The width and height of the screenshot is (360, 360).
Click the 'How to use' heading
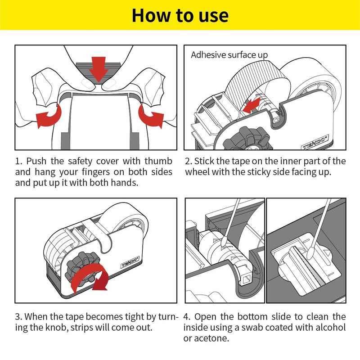(x=180, y=15)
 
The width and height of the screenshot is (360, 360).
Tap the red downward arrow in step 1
(x=99, y=69)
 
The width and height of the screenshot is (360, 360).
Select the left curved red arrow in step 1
(x=49, y=116)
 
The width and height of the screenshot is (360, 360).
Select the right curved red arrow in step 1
(x=151, y=116)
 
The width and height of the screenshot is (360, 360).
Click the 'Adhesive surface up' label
(x=229, y=55)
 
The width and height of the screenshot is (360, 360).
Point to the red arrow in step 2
(x=252, y=105)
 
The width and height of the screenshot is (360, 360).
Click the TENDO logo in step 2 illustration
(x=315, y=143)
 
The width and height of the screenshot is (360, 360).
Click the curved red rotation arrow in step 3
(x=90, y=277)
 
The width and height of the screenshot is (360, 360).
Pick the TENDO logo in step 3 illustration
(x=130, y=262)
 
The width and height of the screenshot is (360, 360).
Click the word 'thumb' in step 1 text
(x=158, y=161)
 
